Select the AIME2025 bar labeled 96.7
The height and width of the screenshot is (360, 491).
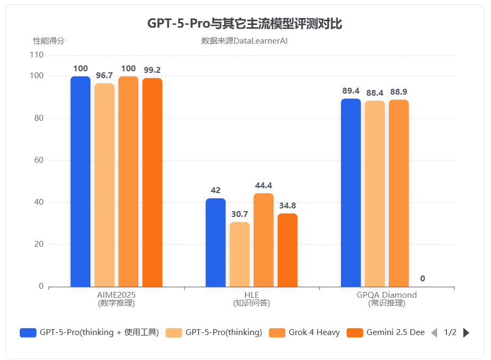tap(104, 185)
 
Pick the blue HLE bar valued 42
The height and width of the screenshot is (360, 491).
tap(215, 242)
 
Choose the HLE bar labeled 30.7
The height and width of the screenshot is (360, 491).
tap(239, 254)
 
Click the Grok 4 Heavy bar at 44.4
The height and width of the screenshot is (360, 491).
tap(263, 240)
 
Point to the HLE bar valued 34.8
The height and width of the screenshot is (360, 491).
tap(287, 250)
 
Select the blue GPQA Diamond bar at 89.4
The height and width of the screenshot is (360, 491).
tap(351, 192)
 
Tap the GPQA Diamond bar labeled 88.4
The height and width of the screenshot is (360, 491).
tap(375, 194)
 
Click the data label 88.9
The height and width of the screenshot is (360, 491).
tap(398, 91)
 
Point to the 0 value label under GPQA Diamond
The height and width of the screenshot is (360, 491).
tap(422, 279)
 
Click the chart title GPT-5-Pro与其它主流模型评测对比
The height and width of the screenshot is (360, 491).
tap(245, 23)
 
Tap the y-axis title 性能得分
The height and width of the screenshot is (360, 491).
tap(49, 40)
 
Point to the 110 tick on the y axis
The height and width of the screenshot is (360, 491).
tap(37, 55)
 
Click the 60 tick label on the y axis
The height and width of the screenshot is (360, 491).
tap(39, 160)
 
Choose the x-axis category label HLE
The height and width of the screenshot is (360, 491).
tap(252, 295)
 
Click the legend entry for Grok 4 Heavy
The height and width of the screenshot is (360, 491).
tap(305, 332)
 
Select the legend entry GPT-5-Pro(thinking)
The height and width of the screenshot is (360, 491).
tap(214, 332)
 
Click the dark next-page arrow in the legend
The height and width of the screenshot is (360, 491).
tap(467, 332)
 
